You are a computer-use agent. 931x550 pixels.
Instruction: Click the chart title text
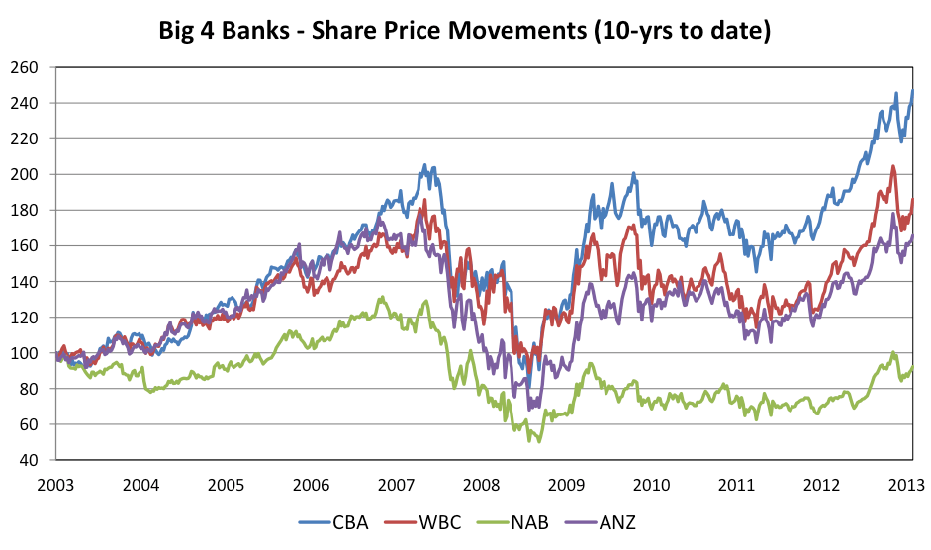[465, 31]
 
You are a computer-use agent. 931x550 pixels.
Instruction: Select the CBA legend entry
[333, 521]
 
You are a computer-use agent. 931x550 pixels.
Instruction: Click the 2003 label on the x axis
[56, 485]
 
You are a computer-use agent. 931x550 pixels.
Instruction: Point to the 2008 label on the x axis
[482, 485]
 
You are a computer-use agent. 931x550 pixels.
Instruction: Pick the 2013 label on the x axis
[907, 485]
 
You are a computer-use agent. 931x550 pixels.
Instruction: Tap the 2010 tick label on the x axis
[652, 485]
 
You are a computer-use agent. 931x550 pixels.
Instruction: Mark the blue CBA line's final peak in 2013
[911, 91]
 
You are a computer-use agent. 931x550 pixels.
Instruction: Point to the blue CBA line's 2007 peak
[424, 165]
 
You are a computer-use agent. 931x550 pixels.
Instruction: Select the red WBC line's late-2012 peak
[893, 166]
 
